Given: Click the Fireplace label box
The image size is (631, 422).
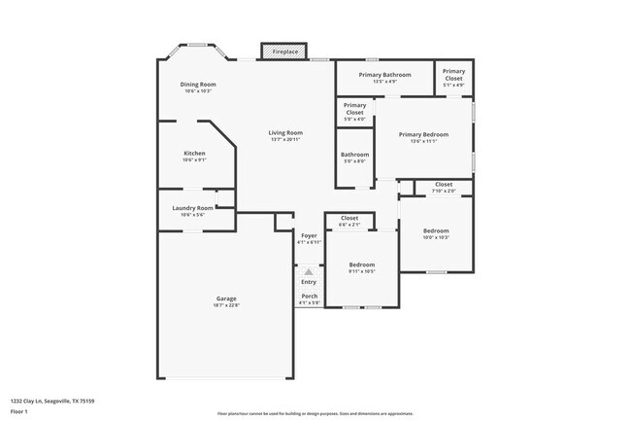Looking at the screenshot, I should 284,51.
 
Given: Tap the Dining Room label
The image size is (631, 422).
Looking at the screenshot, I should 198,85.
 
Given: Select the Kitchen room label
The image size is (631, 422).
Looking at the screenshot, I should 195,154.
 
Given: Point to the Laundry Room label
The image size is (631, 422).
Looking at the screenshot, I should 192,208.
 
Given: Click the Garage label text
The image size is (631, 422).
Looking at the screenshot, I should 226,299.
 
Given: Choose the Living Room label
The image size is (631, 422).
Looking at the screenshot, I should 286,132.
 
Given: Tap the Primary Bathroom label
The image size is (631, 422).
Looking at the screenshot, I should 385,75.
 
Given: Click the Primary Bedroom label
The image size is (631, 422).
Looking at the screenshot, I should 423,134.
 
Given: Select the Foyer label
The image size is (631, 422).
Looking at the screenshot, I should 309,235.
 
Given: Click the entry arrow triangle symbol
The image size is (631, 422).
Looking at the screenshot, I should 309,272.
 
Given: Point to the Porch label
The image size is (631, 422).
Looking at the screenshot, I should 309,296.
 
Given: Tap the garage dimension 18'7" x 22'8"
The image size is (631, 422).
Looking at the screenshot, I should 226,305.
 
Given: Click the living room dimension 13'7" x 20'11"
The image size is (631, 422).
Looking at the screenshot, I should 286,140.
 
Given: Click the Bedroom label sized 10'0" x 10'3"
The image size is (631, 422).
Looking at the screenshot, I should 436,230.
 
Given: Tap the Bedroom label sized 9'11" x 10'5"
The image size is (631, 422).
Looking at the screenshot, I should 362,264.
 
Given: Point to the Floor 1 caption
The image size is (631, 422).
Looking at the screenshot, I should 19,411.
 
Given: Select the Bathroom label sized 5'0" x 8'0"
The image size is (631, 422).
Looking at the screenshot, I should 354,155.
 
